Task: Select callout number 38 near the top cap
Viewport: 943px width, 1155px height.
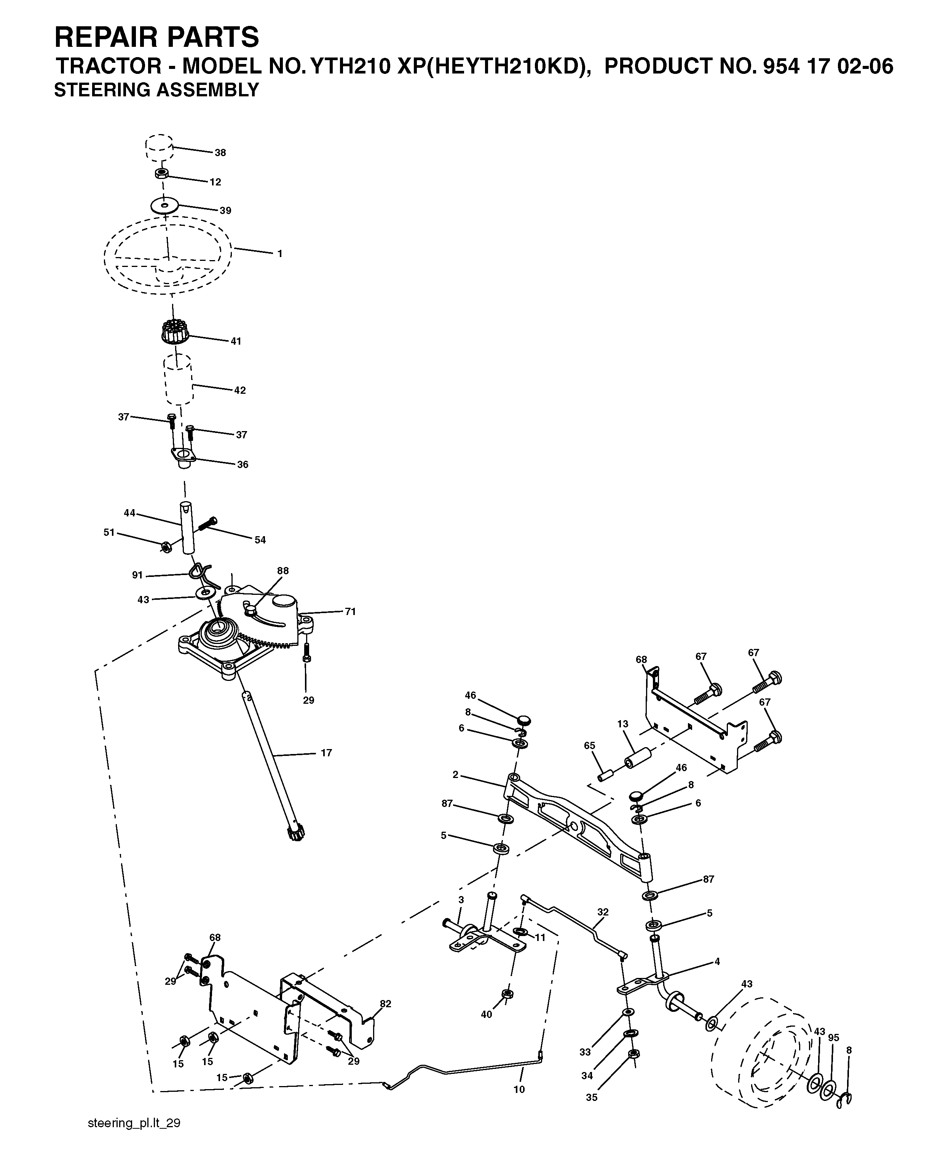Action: tap(220, 153)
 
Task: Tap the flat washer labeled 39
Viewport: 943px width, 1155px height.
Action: tap(164, 205)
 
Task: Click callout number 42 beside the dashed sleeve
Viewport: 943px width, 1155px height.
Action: tap(239, 390)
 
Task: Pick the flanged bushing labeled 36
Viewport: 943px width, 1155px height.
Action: tap(183, 455)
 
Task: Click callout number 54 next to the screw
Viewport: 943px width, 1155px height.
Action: tap(260, 540)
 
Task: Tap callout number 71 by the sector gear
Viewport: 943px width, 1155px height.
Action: tap(350, 612)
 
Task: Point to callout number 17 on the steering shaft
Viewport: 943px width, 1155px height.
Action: tap(326, 753)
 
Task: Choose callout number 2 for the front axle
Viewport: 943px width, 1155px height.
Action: tap(455, 775)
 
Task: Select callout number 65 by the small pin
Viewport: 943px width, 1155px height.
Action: tap(589, 746)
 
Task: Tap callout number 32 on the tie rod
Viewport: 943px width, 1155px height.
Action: tap(603, 912)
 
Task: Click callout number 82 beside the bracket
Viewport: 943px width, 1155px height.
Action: tap(386, 1003)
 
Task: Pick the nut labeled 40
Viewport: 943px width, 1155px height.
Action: tap(508, 994)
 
